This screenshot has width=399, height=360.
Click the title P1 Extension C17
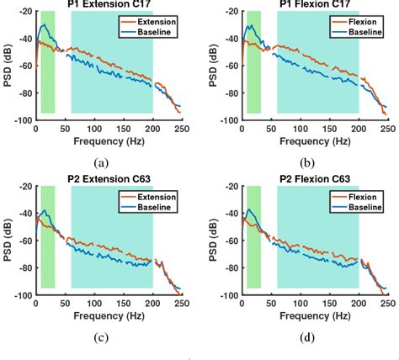(x=109, y=5)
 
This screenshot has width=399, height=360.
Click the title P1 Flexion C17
(x=314, y=5)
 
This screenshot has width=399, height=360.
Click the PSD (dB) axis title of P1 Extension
(x=6, y=66)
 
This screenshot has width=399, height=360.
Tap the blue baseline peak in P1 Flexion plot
(x=251, y=26)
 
